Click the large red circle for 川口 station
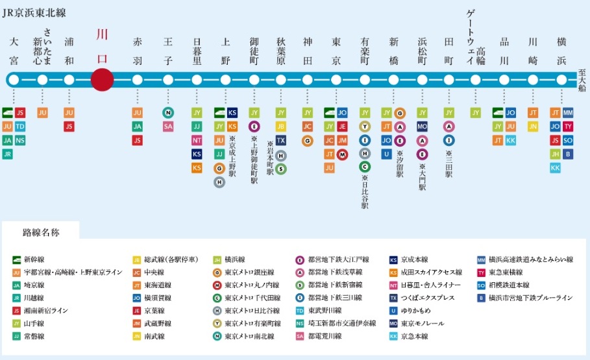pyautogui.click(x=103, y=80)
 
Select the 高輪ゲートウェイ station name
pyautogui.click(x=476, y=36)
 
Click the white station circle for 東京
pyautogui.click(x=336, y=80)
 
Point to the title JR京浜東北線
pyautogui.click(x=34, y=12)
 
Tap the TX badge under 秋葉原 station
pyautogui.click(x=280, y=140)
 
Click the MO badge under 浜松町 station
pyautogui.click(x=422, y=126)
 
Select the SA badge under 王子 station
pyautogui.click(x=168, y=126)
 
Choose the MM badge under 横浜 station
pyautogui.click(x=568, y=112)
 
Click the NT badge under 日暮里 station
pyautogui.click(x=197, y=140)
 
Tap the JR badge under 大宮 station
pyautogui.click(x=8, y=154)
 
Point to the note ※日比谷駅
pyautogui.click(x=365, y=192)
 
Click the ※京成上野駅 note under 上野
pyautogui.click(x=232, y=156)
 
